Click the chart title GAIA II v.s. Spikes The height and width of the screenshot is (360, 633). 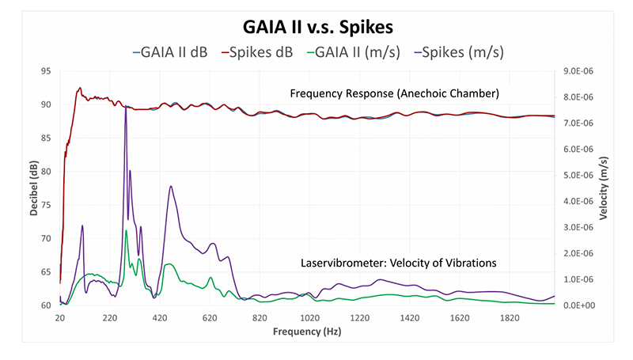coord(316,25)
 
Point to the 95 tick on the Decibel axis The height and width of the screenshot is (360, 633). coord(45,71)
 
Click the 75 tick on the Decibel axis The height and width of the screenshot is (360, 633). coord(45,205)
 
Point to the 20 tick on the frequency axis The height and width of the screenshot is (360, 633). coord(60,318)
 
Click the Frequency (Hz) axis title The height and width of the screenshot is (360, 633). coord(308,333)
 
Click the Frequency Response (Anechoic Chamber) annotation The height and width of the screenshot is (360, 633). coord(394,93)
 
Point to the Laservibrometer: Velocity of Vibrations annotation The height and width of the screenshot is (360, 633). coord(398,263)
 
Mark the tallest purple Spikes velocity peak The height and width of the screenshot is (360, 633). coord(125,107)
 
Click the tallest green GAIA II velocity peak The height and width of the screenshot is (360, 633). coord(126,230)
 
